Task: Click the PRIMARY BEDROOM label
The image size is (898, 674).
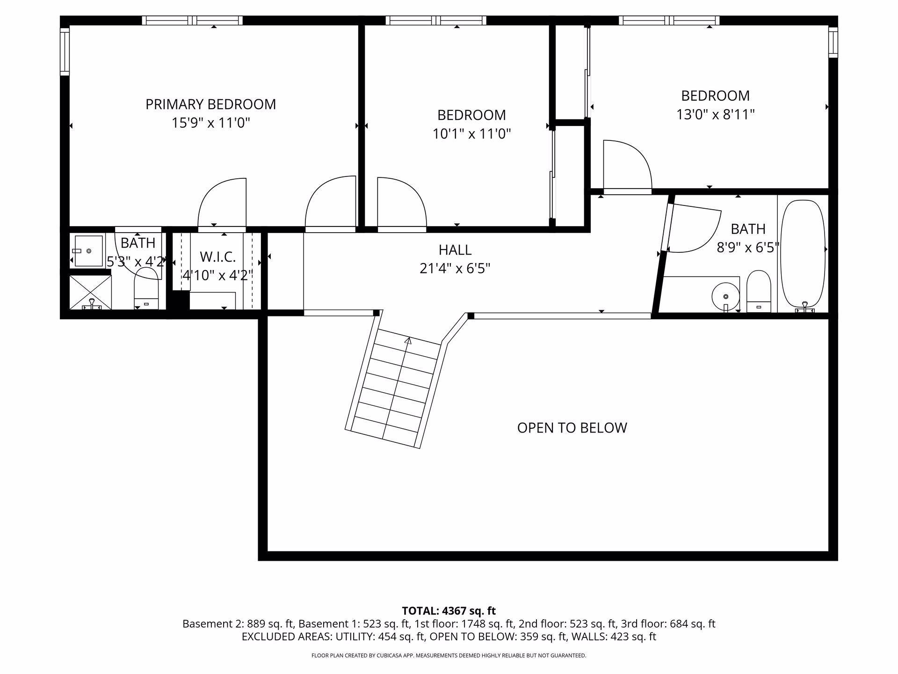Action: pyautogui.click(x=210, y=104)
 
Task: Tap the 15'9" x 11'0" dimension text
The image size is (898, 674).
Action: pyautogui.click(x=210, y=123)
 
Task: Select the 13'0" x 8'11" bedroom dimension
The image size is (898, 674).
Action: pyautogui.click(x=716, y=114)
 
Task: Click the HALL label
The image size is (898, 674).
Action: pyautogui.click(x=455, y=250)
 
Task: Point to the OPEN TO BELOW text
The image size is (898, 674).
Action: pyautogui.click(x=572, y=428)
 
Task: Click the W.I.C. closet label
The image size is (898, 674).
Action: pyautogui.click(x=217, y=257)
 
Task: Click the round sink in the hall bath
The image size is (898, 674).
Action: pyautogui.click(x=725, y=296)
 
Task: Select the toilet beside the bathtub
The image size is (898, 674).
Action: pyautogui.click(x=759, y=291)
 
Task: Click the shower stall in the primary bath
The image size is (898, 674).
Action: pyautogui.click(x=91, y=292)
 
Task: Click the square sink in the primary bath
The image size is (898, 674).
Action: pyautogui.click(x=88, y=251)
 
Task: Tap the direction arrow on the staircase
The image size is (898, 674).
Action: pyautogui.click(x=408, y=341)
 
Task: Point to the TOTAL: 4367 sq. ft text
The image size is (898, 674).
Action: pyautogui.click(x=449, y=611)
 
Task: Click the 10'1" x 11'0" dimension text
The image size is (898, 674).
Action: pyautogui.click(x=471, y=134)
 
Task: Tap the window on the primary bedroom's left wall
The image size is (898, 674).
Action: pyautogui.click(x=65, y=51)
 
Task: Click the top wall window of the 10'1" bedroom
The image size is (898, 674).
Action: pyautogui.click(x=436, y=21)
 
